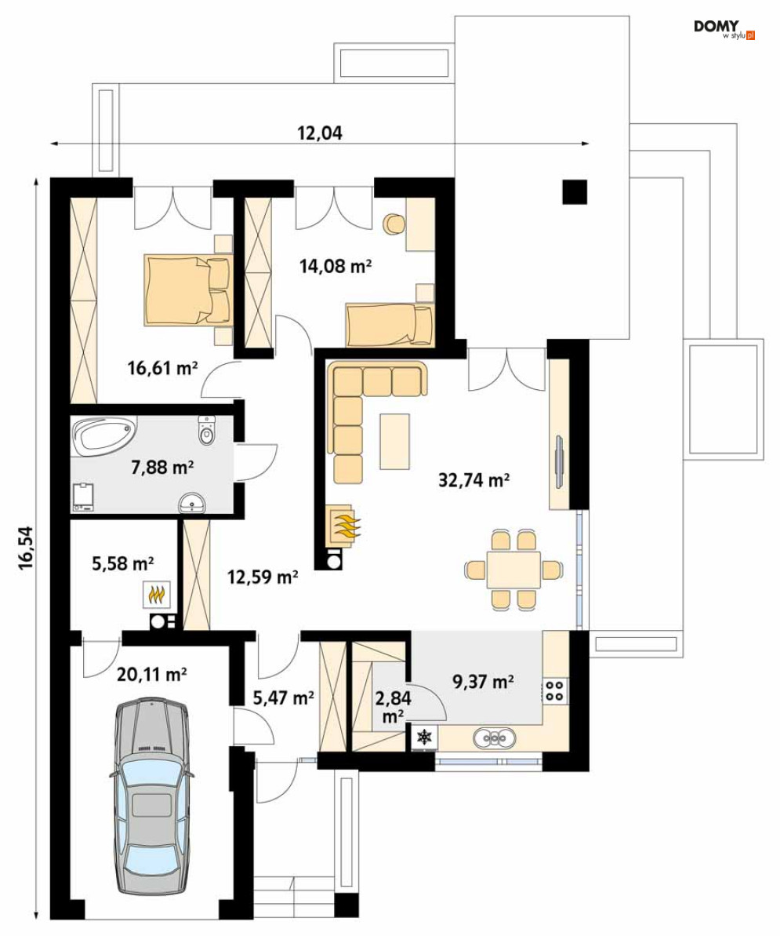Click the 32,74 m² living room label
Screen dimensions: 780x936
click(x=474, y=479)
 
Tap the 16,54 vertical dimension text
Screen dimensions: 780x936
click(x=26, y=548)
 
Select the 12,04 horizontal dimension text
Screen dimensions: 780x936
click(x=320, y=133)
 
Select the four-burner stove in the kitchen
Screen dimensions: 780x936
click(x=555, y=690)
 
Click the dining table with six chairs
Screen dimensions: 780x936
click(x=513, y=570)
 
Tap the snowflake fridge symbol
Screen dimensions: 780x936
click(x=425, y=738)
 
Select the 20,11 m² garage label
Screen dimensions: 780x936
click(x=152, y=675)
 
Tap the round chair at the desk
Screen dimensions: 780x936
click(x=394, y=224)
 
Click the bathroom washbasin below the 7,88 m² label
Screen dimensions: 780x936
click(x=193, y=503)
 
